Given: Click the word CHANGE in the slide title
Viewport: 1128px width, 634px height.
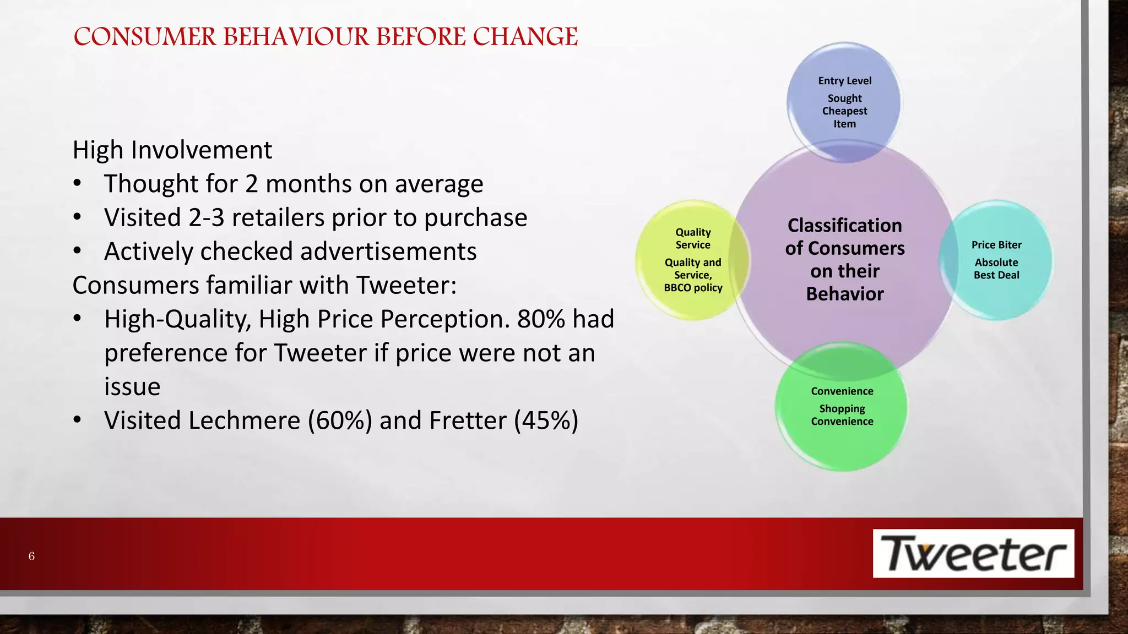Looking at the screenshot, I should (525, 37).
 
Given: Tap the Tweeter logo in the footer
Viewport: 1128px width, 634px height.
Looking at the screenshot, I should (973, 553).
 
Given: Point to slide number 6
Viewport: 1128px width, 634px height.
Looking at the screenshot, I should (31, 556).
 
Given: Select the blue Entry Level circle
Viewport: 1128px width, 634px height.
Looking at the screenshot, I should (844, 102).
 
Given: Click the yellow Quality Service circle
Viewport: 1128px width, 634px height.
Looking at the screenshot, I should (692, 259).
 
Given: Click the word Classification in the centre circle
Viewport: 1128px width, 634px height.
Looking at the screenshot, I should (844, 225).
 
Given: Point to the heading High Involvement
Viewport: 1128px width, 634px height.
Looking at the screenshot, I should (172, 150).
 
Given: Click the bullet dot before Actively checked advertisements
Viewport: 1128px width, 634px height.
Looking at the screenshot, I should (77, 252).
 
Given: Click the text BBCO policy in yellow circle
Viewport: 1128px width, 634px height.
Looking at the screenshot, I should (692, 288).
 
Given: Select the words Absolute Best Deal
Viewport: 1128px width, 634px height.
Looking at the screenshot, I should (996, 269).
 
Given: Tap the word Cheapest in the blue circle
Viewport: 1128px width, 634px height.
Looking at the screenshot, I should (844, 111).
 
